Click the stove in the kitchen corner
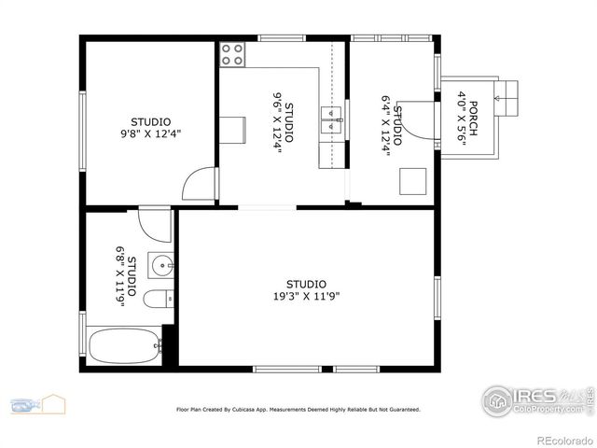(233, 54)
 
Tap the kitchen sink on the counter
(331, 115)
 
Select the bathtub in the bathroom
(125, 346)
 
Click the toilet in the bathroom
(159, 299)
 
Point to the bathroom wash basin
(161, 266)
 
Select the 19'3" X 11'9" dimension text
(306, 297)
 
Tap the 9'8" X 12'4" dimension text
(150, 133)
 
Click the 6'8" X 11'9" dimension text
(120, 270)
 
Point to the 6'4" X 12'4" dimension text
(385, 124)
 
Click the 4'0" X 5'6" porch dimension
(461, 117)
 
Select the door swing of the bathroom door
(156, 226)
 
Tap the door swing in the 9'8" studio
(201, 184)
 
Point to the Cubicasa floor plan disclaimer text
(298, 409)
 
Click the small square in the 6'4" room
(411, 179)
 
